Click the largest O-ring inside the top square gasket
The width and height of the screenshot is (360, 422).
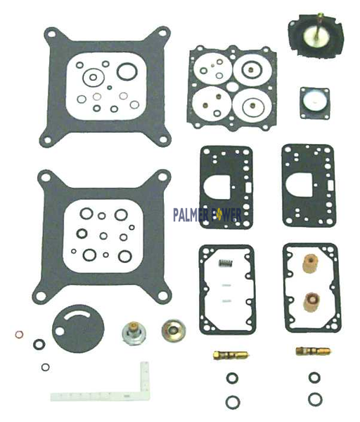pos(127,70)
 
